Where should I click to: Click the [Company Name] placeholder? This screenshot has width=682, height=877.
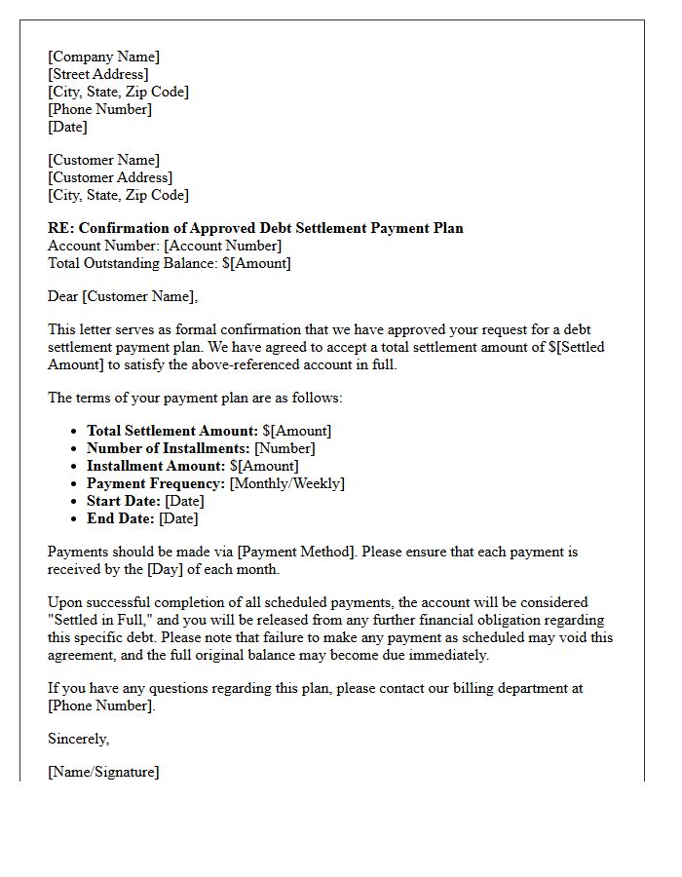[103, 57]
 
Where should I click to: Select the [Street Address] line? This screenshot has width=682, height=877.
[98, 74]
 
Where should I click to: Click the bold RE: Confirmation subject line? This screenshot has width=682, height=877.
[255, 228]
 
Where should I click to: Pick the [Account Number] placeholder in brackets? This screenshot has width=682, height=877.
[222, 246]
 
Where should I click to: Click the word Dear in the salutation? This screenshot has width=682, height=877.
[63, 296]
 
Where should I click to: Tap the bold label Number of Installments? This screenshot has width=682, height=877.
[168, 448]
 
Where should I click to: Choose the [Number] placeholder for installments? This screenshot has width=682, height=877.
[284, 448]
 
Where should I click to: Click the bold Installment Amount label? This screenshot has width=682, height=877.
[154, 466]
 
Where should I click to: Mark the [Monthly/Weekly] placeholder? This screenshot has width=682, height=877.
[286, 483]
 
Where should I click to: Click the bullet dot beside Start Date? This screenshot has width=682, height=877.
[75, 501]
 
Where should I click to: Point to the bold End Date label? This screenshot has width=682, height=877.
[120, 518]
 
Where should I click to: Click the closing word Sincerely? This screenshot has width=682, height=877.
[78, 739]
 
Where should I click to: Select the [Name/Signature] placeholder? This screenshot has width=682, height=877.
[103, 772]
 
